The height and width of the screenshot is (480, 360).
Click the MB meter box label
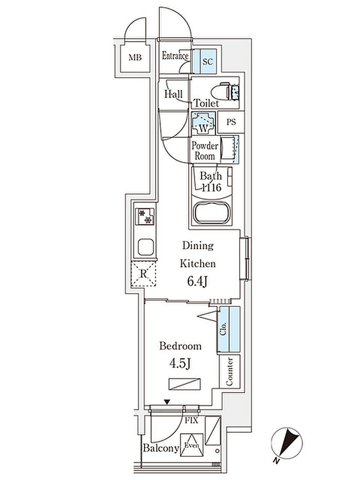[x=135, y=57]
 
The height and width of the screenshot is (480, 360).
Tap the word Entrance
[x=175, y=56]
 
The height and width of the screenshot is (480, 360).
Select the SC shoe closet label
[x=207, y=62]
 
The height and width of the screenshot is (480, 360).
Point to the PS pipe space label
[x=231, y=122]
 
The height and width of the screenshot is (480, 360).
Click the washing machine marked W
[x=203, y=123]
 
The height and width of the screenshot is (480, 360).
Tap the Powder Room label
[x=205, y=151]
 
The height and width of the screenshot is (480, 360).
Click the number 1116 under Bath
[x=211, y=187]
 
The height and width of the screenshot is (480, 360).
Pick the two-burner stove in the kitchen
[x=145, y=217]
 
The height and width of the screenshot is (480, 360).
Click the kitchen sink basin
[x=146, y=247]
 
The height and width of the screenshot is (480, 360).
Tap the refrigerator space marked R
[x=143, y=274]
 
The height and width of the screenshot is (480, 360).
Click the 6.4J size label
[x=197, y=281]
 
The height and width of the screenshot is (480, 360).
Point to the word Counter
[x=229, y=371]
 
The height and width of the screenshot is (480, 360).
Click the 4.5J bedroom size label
[x=181, y=364]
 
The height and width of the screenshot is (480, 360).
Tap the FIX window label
[x=191, y=421]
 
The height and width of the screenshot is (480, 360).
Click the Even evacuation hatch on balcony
[x=192, y=445]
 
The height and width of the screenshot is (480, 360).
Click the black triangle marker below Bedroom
[x=167, y=402]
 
